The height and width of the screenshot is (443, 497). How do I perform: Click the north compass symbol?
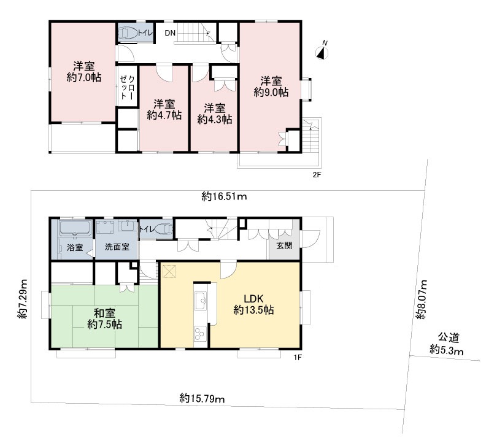pos(322,52)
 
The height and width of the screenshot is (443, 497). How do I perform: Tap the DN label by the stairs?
pos(170,33)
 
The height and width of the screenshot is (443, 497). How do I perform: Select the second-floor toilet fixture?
pos(128,33)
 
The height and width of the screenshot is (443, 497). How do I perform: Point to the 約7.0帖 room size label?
pos(83,78)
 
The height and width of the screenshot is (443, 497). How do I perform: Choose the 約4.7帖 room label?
pos(164,115)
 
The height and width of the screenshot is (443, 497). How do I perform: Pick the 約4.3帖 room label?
pos(215,120)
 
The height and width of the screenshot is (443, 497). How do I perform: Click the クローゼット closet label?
pos(128,87)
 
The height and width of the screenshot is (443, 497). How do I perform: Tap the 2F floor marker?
pos(317,174)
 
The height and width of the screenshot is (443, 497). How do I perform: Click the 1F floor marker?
pos(298,358)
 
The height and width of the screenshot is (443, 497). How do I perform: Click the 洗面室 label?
pos(117,247)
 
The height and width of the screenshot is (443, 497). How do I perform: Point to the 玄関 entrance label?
pos(284,245)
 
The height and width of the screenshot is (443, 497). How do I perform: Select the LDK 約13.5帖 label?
pos(253,304)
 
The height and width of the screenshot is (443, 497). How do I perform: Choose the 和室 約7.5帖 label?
pos(104,319)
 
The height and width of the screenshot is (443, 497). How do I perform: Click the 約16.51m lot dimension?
pos(225,197)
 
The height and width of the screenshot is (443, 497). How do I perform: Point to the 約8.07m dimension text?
pos(422,299)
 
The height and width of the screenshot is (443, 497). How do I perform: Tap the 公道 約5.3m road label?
pos(447,344)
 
